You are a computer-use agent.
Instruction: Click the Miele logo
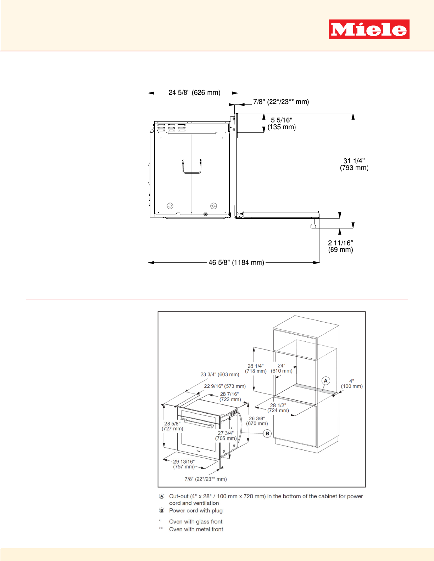(x=369, y=29)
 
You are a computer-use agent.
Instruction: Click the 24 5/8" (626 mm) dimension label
(x=194, y=93)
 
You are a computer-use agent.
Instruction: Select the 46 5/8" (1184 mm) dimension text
(x=236, y=262)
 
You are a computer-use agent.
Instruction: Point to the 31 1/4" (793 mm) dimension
(x=354, y=164)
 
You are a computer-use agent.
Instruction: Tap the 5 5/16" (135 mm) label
(x=282, y=124)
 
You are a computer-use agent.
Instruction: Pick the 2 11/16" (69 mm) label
(x=340, y=246)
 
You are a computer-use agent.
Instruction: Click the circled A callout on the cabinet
(x=325, y=381)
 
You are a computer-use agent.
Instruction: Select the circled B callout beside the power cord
(x=267, y=433)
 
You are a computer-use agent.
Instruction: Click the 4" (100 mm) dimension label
(x=352, y=384)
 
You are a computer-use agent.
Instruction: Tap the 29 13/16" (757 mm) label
(x=184, y=464)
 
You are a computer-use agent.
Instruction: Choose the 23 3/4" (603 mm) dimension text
(x=219, y=374)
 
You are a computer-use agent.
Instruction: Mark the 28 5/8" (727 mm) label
(x=172, y=426)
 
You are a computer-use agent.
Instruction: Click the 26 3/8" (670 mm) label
(x=257, y=421)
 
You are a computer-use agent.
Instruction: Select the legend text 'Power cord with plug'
(x=196, y=510)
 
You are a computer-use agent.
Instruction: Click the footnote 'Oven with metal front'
(x=196, y=529)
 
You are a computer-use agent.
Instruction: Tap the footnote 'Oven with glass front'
(x=196, y=521)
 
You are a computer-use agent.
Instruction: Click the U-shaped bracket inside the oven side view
(x=192, y=166)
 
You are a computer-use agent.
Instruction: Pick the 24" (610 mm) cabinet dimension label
(x=282, y=368)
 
